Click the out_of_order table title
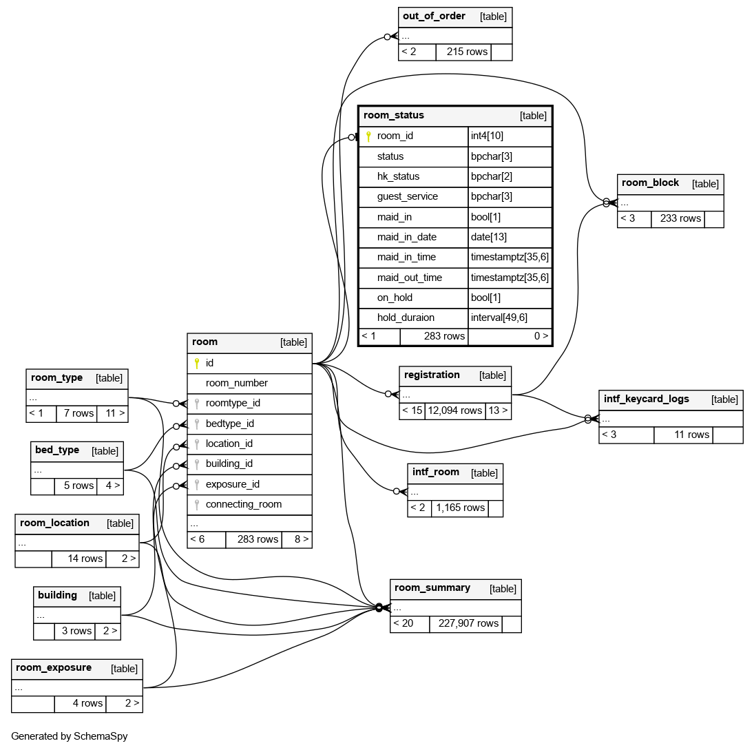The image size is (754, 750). click(434, 17)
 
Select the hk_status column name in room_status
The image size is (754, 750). click(398, 176)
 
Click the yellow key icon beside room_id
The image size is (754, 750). click(368, 136)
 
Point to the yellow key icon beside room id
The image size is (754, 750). click(196, 363)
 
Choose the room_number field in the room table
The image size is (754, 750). click(236, 383)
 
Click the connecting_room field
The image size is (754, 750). click(243, 504)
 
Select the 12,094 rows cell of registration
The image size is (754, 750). click(454, 410)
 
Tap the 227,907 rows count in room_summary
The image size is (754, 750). click(465, 623)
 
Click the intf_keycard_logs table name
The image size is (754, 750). click(646, 399)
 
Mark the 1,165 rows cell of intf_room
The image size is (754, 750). click(459, 508)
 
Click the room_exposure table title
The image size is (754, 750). click(54, 668)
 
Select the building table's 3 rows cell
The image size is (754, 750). click(76, 631)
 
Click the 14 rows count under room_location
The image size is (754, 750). click(85, 559)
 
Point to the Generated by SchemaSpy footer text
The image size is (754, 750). click(70, 736)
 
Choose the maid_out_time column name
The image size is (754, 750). click(409, 278)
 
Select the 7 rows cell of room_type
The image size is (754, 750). click(78, 413)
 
